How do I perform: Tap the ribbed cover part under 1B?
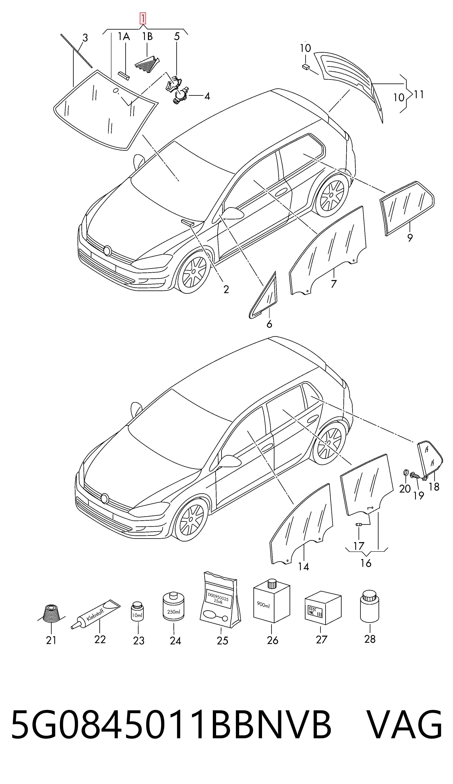147,62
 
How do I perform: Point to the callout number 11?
419,94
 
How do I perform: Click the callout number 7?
334,284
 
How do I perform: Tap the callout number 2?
226,289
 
